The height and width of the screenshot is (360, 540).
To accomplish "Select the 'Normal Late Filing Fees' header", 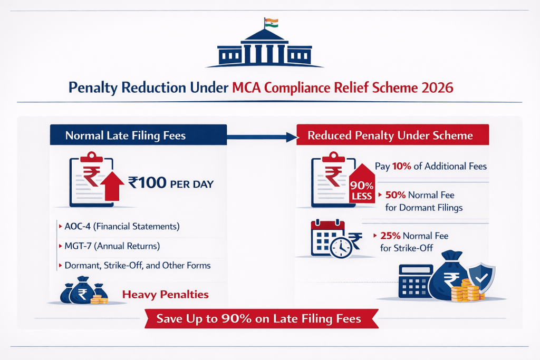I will [x=126, y=135].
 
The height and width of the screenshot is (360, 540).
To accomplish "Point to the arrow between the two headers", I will [x=261, y=137].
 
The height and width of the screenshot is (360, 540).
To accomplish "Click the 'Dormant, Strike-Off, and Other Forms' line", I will [x=137, y=265].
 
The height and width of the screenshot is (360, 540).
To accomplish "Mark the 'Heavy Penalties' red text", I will [x=165, y=294].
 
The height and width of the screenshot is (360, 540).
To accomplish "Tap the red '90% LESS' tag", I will [x=361, y=187].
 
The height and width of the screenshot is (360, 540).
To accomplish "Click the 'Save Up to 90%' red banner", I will [x=262, y=319].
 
